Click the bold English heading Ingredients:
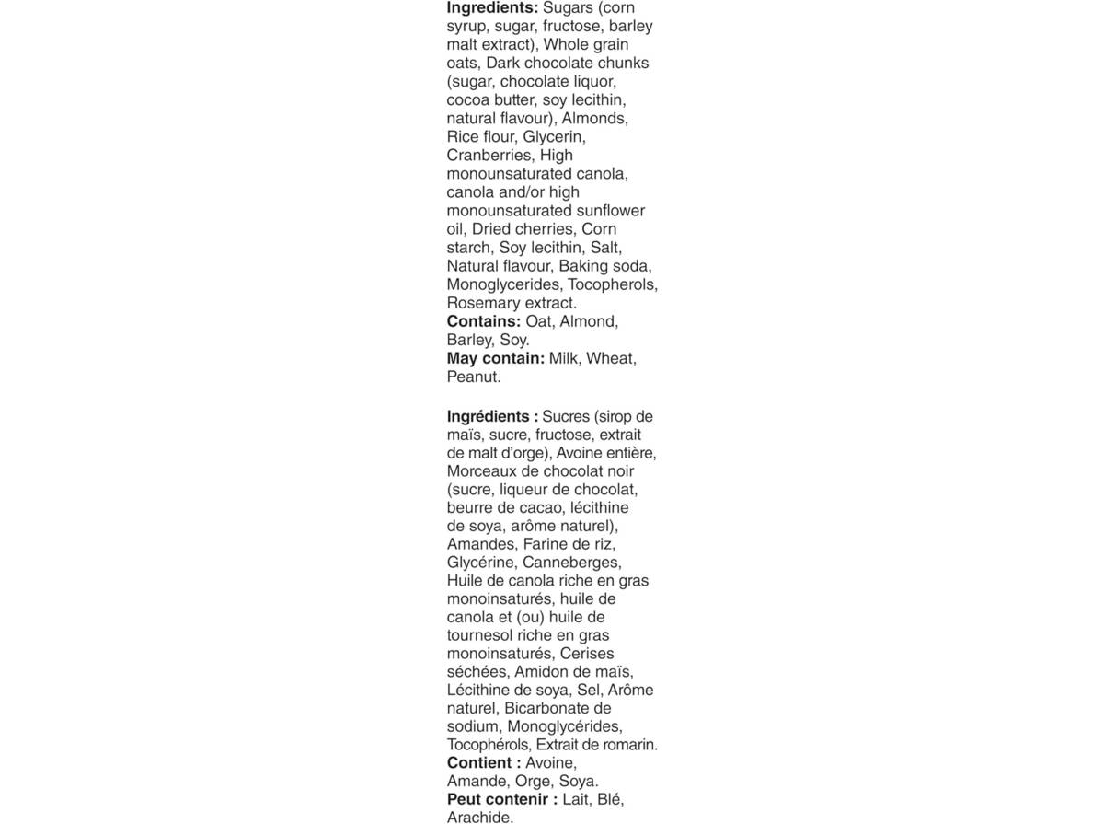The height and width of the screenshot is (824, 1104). (x=492, y=8)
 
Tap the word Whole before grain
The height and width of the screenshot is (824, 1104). (x=568, y=45)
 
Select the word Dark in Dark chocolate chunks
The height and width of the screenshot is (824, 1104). (x=502, y=64)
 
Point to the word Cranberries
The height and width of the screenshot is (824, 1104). (x=489, y=156)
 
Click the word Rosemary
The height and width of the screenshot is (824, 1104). (x=483, y=303)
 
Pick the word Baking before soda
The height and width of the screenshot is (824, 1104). (x=583, y=266)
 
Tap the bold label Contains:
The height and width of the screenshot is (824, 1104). (x=484, y=321)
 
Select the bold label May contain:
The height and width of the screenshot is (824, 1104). (x=496, y=358)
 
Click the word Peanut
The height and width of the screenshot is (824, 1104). (x=473, y=377)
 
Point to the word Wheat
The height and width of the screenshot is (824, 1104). (x=611, y=358)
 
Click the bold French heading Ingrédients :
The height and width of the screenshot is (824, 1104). (x=492, y=416)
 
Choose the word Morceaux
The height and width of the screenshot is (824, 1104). (x=483, y=471)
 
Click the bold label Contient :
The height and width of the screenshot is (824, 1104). (x=484, y=763)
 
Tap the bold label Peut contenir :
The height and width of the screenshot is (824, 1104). (x=501, y=799)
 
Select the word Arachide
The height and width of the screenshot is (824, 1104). (x=479, y=817)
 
